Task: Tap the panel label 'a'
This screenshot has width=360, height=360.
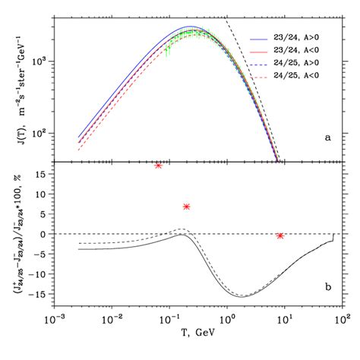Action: click(x=327, y=137)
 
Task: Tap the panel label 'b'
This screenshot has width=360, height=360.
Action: click(x=327, y=286)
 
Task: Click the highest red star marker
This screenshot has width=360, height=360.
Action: click(x=158, y=165)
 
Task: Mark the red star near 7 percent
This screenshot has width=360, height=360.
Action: click(x=186, y=207)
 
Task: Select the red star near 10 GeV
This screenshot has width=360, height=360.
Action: click(x=280, y=235)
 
